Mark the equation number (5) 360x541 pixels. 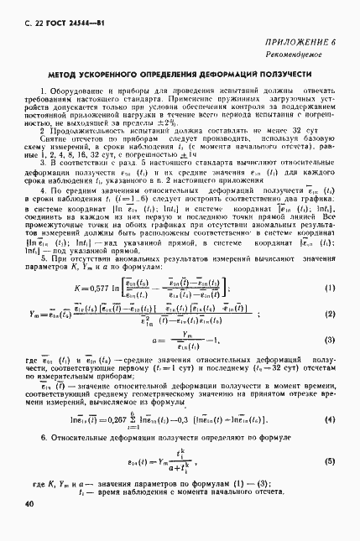331,460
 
